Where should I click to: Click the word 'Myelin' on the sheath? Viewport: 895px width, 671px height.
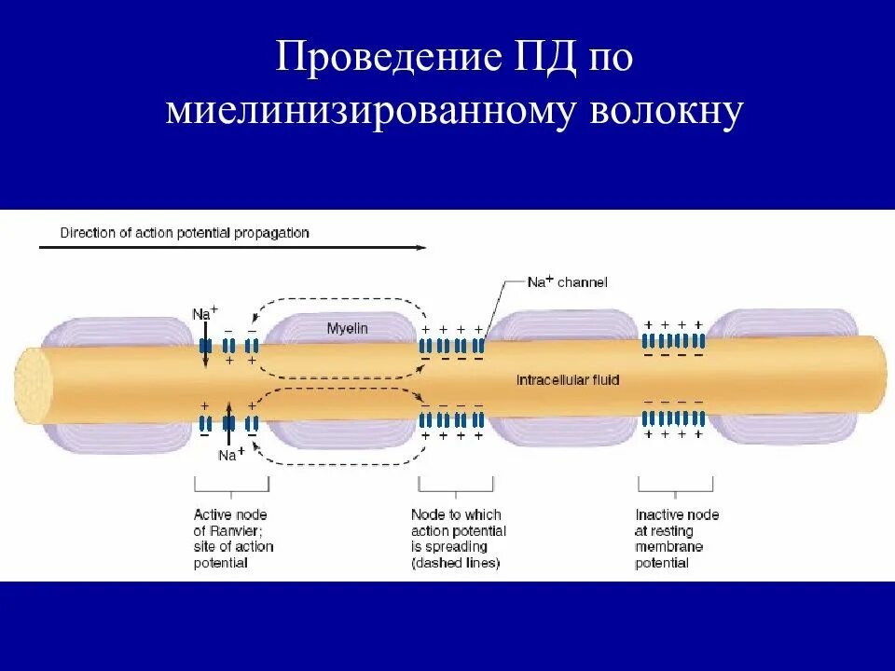click(347, 328)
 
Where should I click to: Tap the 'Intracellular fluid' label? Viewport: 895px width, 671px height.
click(568, 379)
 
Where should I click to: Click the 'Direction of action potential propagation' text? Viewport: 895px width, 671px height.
click(184, 233)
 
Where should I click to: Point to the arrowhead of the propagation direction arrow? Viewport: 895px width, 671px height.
click(422, 248)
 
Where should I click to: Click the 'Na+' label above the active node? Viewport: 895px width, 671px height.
click(204, 313)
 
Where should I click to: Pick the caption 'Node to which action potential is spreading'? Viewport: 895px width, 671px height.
click(457, 539)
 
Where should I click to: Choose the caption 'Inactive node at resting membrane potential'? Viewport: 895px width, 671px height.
click(677, 539)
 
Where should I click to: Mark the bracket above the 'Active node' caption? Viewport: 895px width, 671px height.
click(231, 486)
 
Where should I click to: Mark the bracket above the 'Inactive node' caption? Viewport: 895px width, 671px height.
click(676, 486)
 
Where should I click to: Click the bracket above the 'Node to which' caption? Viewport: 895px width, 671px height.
click(456, 486)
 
